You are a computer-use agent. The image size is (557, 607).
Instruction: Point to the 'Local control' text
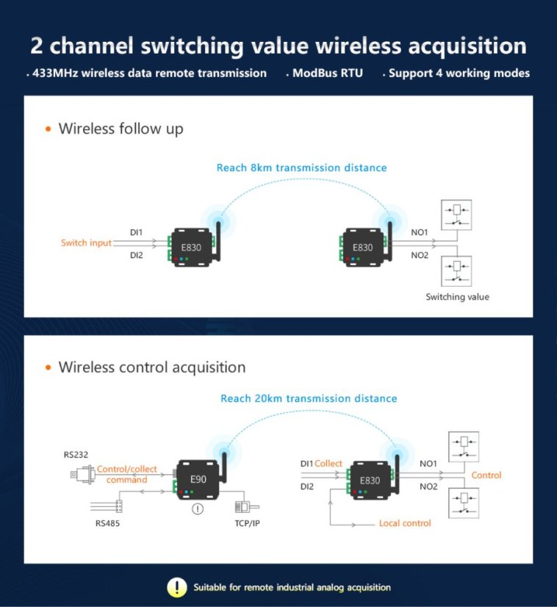[405, 523]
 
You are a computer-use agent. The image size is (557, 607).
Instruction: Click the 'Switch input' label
[86, 243]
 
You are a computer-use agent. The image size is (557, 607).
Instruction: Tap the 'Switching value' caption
[457, 297]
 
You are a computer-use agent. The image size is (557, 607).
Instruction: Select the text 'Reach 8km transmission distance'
[301, 168]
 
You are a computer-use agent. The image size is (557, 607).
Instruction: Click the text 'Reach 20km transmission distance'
[309, 398]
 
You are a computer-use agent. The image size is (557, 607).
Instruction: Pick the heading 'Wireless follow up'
[121, 129]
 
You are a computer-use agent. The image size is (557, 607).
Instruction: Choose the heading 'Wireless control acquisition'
[151, 367]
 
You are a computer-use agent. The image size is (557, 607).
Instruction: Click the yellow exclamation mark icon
[176, 587]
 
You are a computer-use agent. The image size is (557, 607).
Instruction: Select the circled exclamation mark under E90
[197, 509]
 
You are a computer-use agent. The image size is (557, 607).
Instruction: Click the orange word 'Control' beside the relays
[486, 475]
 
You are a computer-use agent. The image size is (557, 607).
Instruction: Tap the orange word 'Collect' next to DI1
[328, 464]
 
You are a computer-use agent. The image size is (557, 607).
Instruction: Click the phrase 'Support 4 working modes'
[459, 73]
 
